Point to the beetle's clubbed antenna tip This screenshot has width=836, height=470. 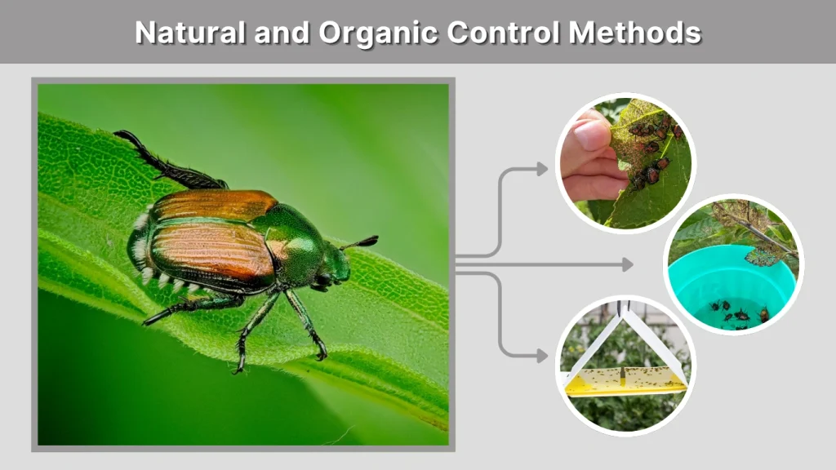369,241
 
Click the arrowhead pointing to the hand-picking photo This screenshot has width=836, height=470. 541,169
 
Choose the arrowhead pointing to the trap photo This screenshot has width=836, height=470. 541,356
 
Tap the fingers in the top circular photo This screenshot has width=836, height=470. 588,159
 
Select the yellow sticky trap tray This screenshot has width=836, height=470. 625,379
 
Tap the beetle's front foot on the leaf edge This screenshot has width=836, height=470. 320,352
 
